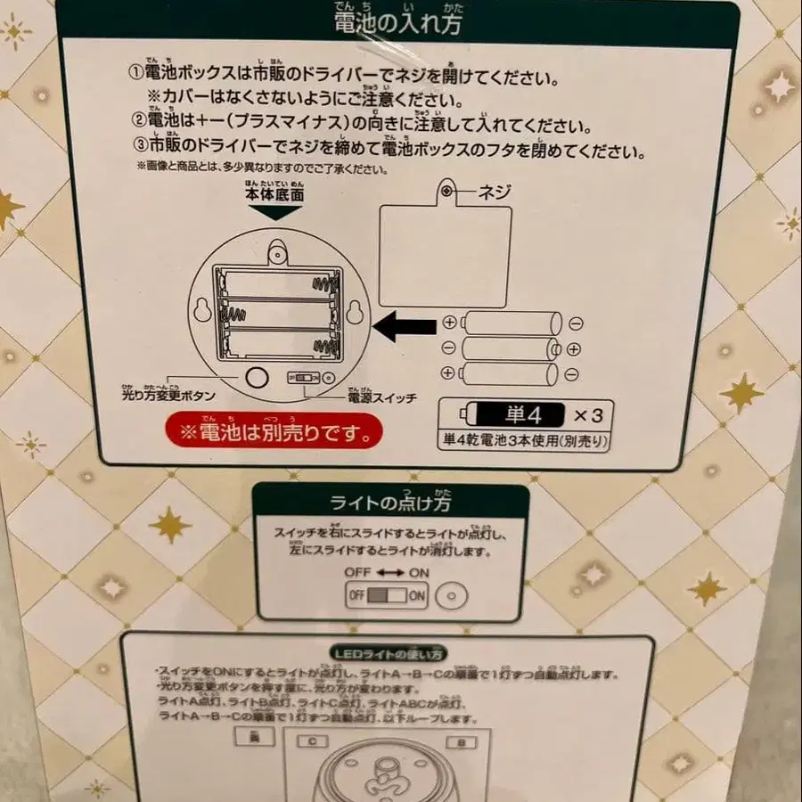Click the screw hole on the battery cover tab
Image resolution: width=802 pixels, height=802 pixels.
pos(448,192)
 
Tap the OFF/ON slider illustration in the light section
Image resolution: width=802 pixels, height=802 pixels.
pos(388,595)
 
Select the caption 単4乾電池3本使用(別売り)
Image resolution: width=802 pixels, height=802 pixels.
pos(526,439)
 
